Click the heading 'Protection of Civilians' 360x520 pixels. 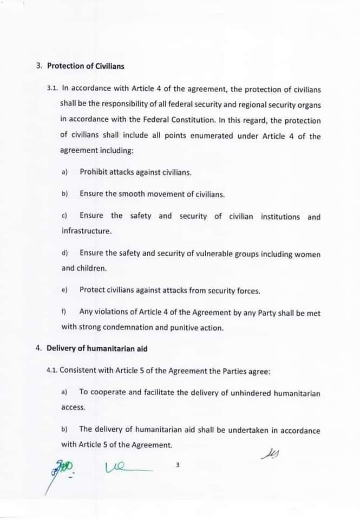[x=86, y=66]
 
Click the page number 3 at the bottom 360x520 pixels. [x=178, y=465]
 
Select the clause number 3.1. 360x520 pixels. [x=53, y=87]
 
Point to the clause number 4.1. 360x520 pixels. [x=52, y=371]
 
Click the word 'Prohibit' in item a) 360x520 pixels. [x=93, y=172]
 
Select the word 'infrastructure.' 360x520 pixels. [x=87, y=231]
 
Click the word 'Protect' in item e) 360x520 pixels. [x=92, y=290]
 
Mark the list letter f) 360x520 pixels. [x=64, y=313]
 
